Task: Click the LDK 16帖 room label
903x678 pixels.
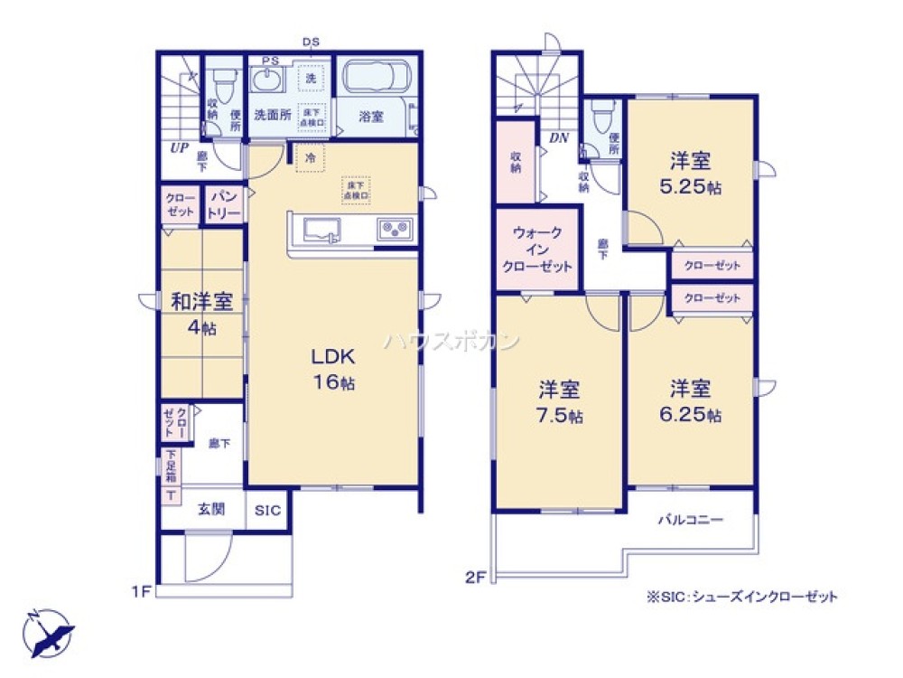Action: tap(334, 367)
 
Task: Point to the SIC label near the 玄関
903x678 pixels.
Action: tap(266, 511)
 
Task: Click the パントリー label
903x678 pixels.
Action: tap(225, 205)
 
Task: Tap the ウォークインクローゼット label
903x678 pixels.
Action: tap(537, 250)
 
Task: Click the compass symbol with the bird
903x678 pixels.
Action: tap(47, 629)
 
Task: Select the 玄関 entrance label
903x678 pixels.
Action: tap(211, 511)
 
